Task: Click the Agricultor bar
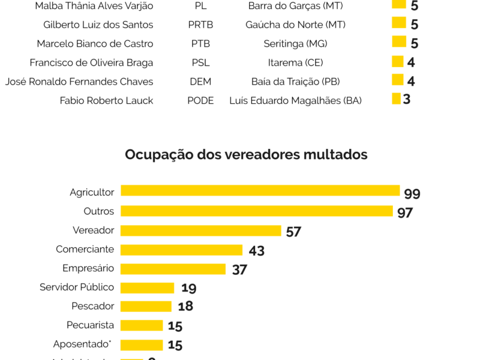[x=260, y=190]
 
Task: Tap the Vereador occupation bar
[x=200, y=230]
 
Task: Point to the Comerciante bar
[x=181, y=250]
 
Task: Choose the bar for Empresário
[x=173, y=269]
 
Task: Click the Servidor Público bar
[x=147, y=288]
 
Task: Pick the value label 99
[x=412, y=194]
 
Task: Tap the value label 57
[x=293, y=232]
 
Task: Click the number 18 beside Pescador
[x=185, y=307]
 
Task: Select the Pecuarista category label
[x=90, y=325]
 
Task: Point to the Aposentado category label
[x=83, y=344]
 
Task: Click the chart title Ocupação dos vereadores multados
[x=246, y=154]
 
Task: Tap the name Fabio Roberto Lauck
[x=106, y=100]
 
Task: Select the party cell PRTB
[x=200, y=25]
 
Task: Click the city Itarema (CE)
[x=295, y=62]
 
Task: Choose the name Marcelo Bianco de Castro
[x=95, y=44]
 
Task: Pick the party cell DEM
[x=200, y=82]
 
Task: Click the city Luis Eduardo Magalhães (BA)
[x=295, y=100]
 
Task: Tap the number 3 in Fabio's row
[x=406, y=99]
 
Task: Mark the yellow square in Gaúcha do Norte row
[x=399, y=23]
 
